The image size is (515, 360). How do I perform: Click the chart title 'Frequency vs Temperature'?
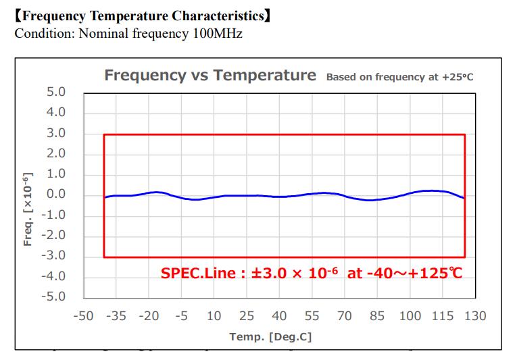point(210,75)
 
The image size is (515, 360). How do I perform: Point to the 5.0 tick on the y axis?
point(56,92)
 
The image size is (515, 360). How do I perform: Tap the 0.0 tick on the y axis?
point(56,195)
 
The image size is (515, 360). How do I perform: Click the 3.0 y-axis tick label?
point(56,133)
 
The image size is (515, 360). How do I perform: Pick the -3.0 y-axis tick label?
point(54,255)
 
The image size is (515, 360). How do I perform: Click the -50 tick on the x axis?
point(83,315)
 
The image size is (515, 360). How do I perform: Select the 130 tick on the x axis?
point(474,315)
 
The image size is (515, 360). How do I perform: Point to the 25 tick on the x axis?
point(247,315)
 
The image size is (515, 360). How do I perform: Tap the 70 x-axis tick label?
point(345,315)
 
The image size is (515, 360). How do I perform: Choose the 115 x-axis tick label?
point(442,315)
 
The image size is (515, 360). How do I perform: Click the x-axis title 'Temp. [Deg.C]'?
point(270,336)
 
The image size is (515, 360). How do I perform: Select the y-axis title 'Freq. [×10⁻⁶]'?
point(28,209)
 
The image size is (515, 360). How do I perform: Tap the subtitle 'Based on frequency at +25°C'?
point(399,77)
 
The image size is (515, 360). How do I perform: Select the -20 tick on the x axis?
point(149,315)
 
